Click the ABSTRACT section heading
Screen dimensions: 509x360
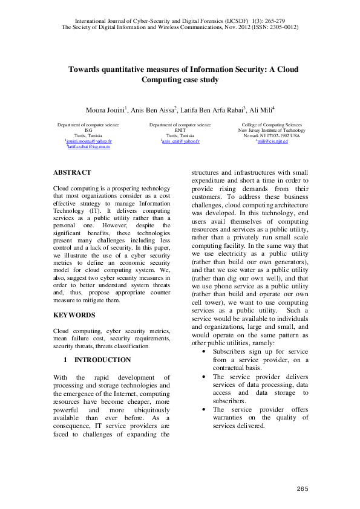pyautogui.click(x=72, y=172)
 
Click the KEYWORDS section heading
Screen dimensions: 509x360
pyautogui.click(x=74, y=315)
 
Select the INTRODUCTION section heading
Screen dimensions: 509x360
pyautogui.click(x=102, y=360)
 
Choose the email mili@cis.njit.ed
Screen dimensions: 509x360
pyautogui.click(x=272, y=141)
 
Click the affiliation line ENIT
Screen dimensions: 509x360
pyautogui.click(x=180, y=130)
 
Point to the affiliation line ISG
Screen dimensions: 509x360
pyautogui.click(x=88, y=130)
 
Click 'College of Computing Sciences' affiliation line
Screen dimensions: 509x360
pyautogui.click(x=272, y=125)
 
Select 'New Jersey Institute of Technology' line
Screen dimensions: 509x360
pyautogui.click(x=272, y=130)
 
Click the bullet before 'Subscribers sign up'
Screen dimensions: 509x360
pyautogui.click(x=201, y=351)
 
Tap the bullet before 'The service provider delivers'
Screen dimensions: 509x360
pyautogui.click(x=201, y=376)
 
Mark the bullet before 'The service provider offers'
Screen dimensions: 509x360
pyautogui.click(x=201, y=409)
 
